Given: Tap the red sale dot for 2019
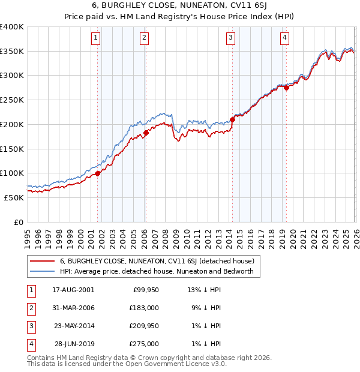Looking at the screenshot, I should [x=286, y=88].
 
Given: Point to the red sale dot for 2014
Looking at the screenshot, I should [x=232, y=119].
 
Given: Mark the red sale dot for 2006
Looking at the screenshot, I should [x=146, y=133].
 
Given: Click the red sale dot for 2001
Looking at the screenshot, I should [x=97, y=173].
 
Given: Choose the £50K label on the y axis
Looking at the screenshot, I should [x=14, y=197].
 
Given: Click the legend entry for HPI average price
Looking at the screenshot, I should [x=157, y=272].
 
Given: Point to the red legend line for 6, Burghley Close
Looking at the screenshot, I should [x=42, y=261].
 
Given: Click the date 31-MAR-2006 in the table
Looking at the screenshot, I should [x=73, y=308].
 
